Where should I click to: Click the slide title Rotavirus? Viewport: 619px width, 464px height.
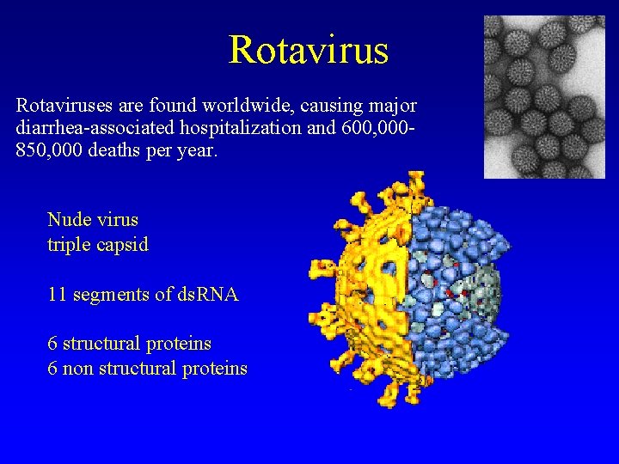309,50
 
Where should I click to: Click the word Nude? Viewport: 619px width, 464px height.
68,220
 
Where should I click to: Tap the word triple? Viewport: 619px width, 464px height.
69,245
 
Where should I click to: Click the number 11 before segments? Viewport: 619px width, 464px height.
58,295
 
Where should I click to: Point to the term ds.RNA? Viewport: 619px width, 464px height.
209,295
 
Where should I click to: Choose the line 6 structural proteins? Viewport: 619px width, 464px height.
130,344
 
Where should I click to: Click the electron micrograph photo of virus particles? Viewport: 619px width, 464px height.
543,96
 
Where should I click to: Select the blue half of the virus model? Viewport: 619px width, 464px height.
447,258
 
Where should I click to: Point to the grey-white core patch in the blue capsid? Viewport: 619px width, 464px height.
481,296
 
